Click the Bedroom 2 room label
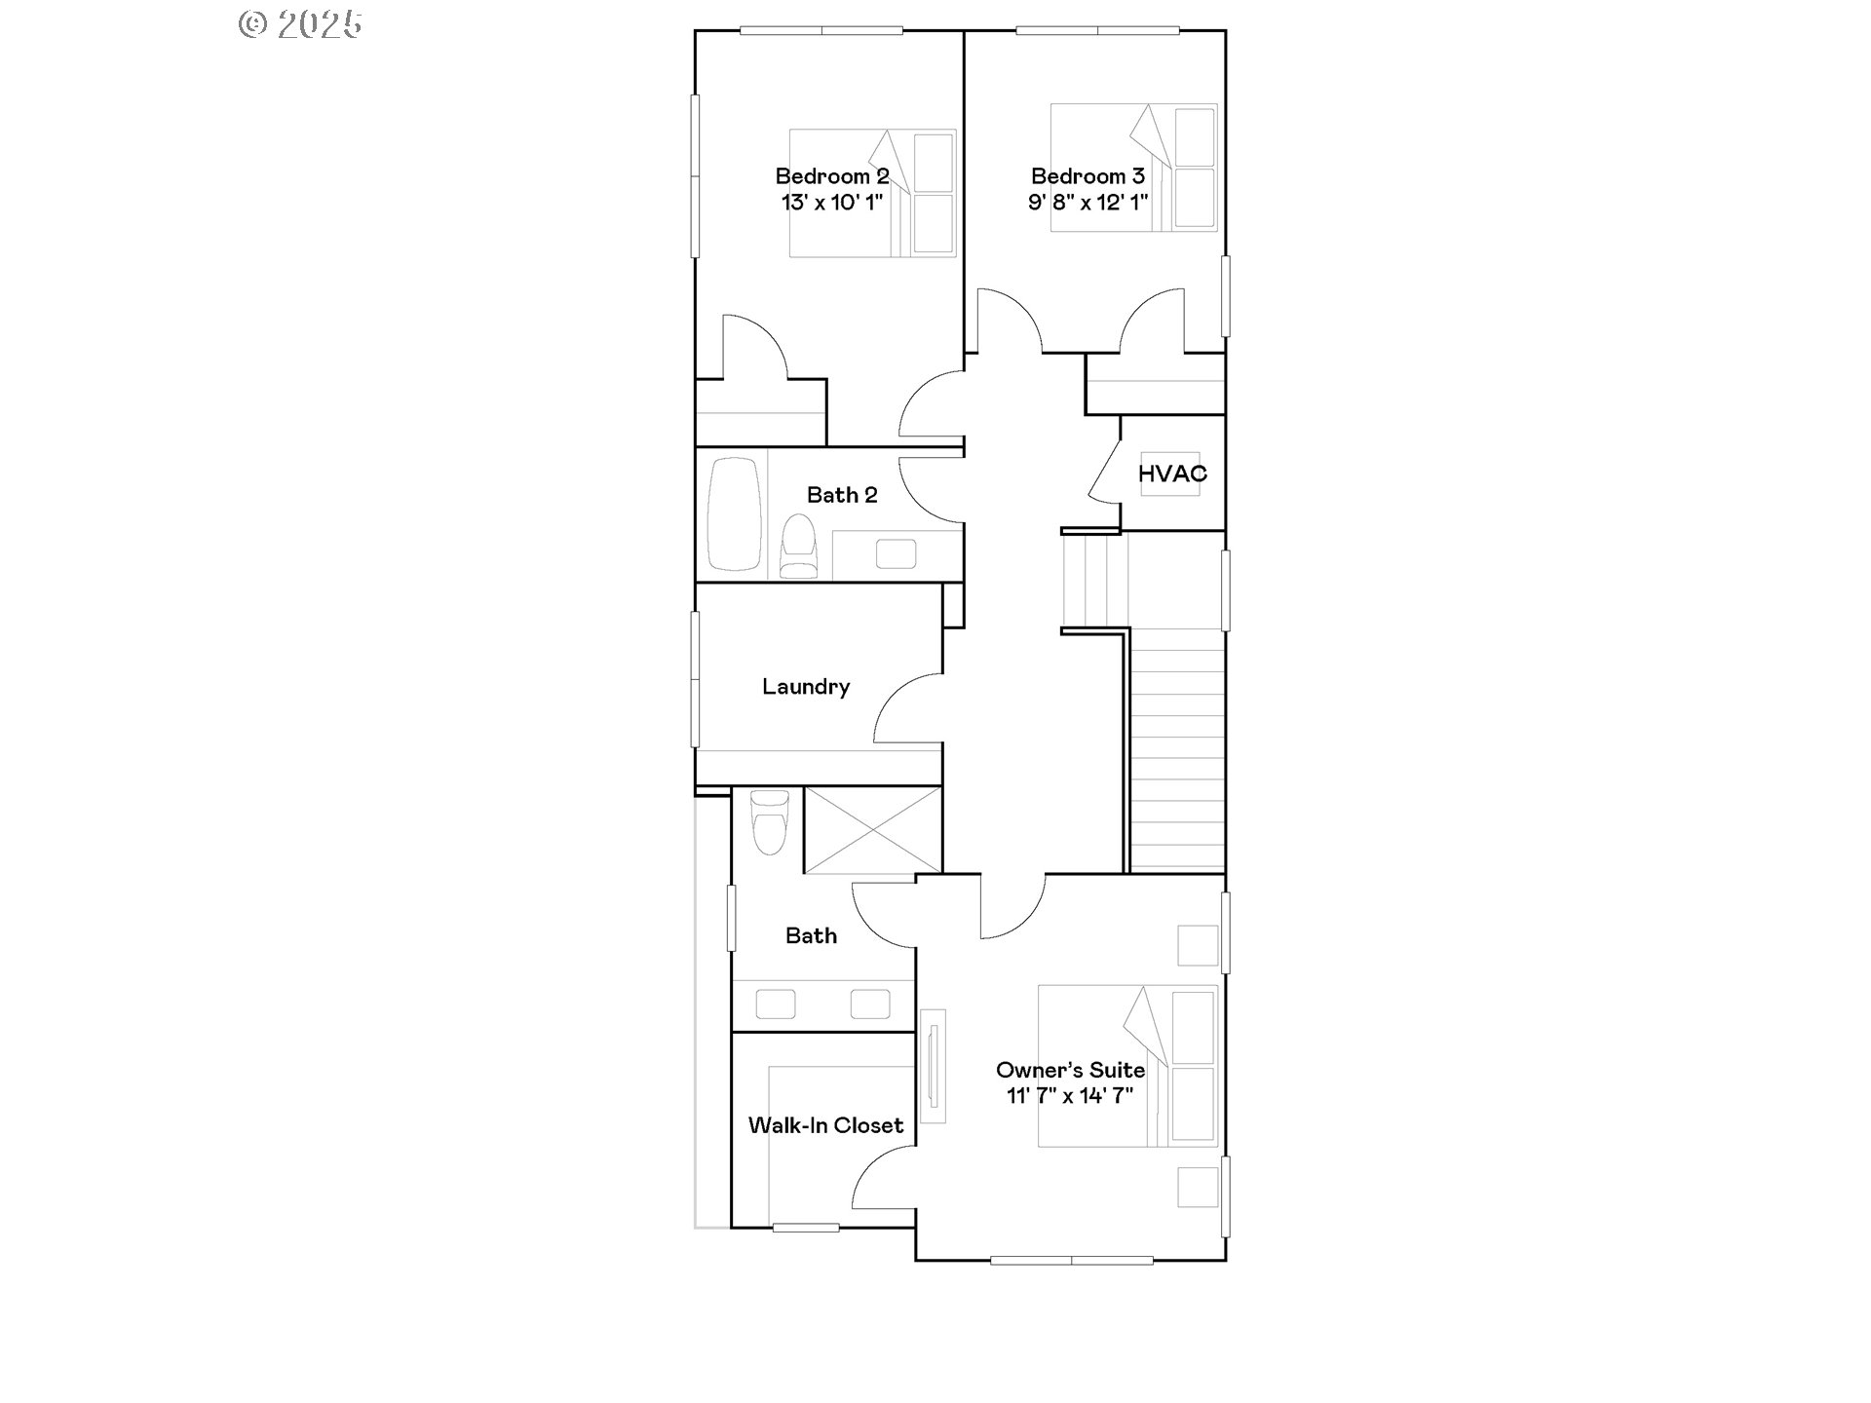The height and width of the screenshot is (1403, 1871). point(832,176)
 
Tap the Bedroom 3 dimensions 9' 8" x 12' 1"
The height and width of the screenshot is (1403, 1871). point(1088,203)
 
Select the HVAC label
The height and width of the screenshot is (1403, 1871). point(1172,474)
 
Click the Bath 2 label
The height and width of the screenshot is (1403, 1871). point(842,495)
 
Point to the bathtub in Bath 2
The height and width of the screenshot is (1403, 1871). point(734,513)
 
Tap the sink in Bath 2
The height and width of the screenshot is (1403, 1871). point(896,553)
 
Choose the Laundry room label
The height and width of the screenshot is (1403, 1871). point(806,687)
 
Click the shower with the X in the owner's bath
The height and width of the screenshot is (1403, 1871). point(873,829)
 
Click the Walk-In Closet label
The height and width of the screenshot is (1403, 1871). point(825,1125)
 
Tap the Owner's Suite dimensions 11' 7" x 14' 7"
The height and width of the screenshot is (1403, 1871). point(1070,1096)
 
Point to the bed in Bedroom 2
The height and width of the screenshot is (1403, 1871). point(872,193)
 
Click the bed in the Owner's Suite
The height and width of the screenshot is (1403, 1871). point(1127,1066)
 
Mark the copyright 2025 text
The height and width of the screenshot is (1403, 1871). point(300,24)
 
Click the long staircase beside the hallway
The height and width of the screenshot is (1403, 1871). point(1176,750)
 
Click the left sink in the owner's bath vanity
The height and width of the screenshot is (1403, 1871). point(776,1004)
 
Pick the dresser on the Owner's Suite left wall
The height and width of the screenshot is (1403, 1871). point(934,1065)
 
